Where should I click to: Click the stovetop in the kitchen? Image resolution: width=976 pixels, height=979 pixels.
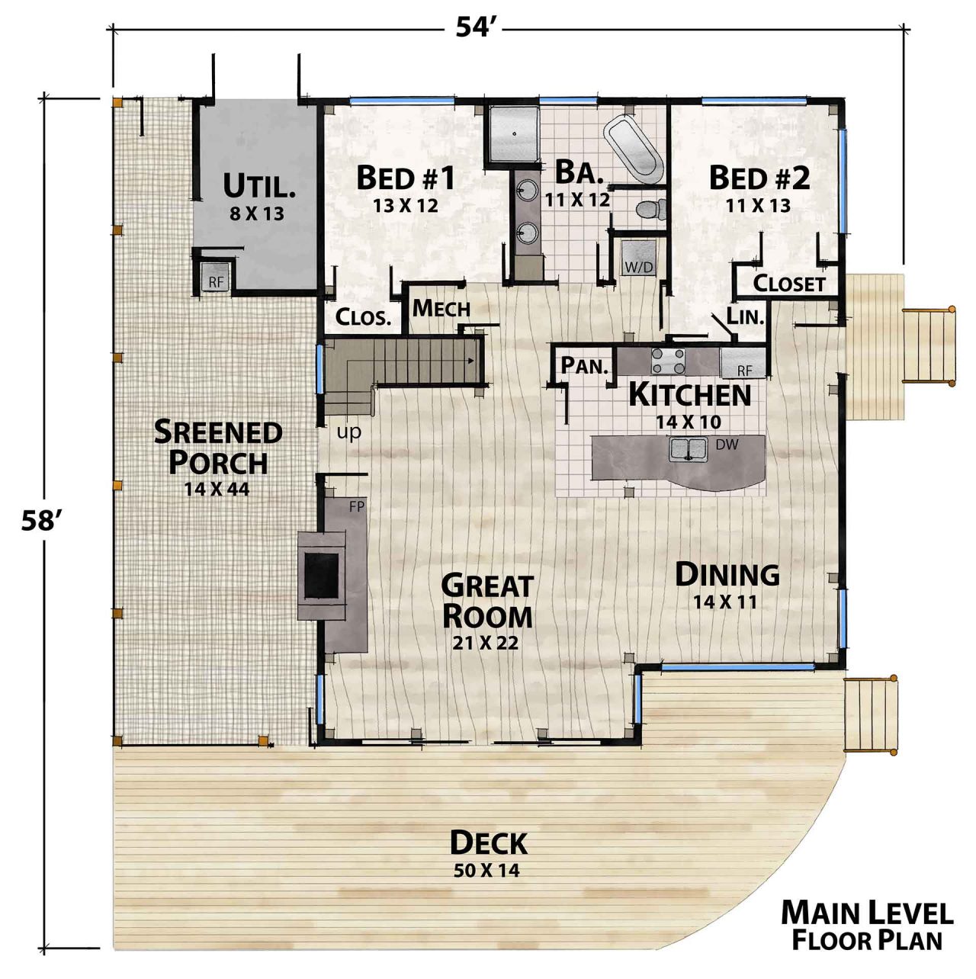[x=668, y=360]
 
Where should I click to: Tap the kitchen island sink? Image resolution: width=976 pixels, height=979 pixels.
[x=689, y=449]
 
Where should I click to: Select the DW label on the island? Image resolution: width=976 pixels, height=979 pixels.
[x=727, y=444]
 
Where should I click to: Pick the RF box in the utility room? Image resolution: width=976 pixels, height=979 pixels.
[x=217, y=278]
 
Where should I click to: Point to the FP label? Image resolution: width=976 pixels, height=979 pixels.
[x=356, y=506]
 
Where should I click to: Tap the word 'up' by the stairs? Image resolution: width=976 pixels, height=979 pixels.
[x=349, y=432]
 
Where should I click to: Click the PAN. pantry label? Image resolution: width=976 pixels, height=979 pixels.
[x=585, y=365]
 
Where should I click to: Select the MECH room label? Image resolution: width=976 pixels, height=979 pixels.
[x=441, y=309]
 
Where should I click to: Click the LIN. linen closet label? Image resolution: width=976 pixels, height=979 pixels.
[x=745, y=316]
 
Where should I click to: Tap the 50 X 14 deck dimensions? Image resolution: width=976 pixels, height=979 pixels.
[x=486, y=870]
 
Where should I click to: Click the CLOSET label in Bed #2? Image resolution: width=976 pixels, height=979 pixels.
[x=789, y=284]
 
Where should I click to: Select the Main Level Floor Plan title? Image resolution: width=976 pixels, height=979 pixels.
[x=867, y=926]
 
